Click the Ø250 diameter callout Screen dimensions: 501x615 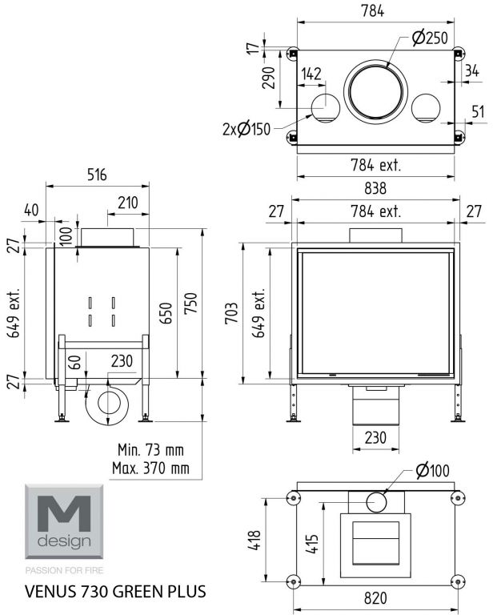click(x=430, y=38)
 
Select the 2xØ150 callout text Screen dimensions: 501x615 click(x=246, y=129)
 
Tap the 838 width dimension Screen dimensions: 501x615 click(x=375, y=188)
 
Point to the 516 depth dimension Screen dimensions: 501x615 click(x=96, y=175)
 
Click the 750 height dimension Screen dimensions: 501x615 click(x=191, y=303)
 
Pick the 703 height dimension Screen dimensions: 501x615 click(x=231, y=312)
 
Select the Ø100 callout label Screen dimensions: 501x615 click(x=432, y=470)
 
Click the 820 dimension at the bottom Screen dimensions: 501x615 click(x=375, y=598)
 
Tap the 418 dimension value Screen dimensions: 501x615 click(x=255, y=540)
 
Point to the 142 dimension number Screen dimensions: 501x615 click(x=311, y=74)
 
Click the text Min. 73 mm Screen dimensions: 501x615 click(x=150, y=449)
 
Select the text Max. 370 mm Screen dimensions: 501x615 click(x=150, y=468)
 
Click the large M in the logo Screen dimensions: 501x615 click(x=64, y=513)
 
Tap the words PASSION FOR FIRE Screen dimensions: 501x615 click(x=64, y=570)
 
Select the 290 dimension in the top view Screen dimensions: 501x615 click(x=269, y=78)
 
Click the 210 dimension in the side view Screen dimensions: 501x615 click(x=128, y=203)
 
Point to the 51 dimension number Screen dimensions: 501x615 click(x=478, y=112)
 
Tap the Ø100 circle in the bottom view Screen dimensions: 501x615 click(x=376, y=502)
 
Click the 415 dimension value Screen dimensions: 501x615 click(x=312, y=543)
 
